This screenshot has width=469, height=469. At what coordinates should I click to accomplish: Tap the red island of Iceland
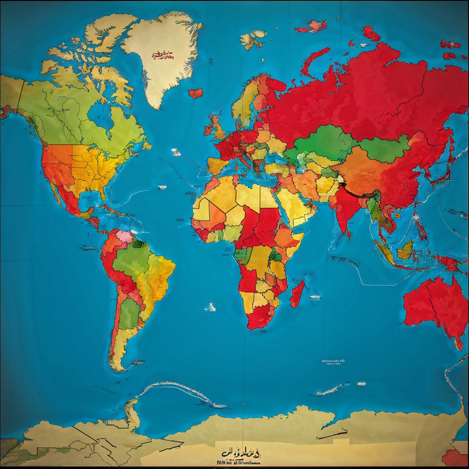click(x=196, y=93)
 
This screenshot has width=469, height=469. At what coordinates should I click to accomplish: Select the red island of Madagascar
click(x=297, y=293)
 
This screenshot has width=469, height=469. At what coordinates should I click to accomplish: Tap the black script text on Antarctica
click(x=240, y=453)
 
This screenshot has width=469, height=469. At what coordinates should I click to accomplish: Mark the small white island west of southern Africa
click(x=212, y=307)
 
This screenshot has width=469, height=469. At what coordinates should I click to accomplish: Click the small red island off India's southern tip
click(x=349, y=234)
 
